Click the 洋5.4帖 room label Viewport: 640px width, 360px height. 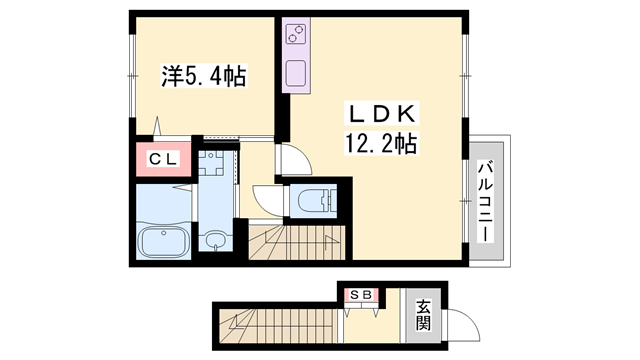coord(204,76)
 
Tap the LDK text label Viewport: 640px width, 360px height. coord(382,114)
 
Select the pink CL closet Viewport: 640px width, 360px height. coord(163,159)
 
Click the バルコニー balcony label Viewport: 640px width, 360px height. coord(486,201)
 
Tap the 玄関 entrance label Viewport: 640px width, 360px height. coord(424,315)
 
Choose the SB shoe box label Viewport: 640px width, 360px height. coord(361,295)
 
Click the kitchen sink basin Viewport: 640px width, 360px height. coord(296,73)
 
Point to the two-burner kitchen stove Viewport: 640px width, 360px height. coord(296,34)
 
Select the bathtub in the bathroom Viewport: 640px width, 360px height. coord(163,242)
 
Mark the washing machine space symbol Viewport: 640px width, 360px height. coord(211,163)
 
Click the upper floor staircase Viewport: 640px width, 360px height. coord(297,242)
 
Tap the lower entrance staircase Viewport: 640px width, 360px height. coord(279,326)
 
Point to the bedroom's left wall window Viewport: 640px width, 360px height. coord(132,76)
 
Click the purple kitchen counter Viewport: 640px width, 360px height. coord(296,55)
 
